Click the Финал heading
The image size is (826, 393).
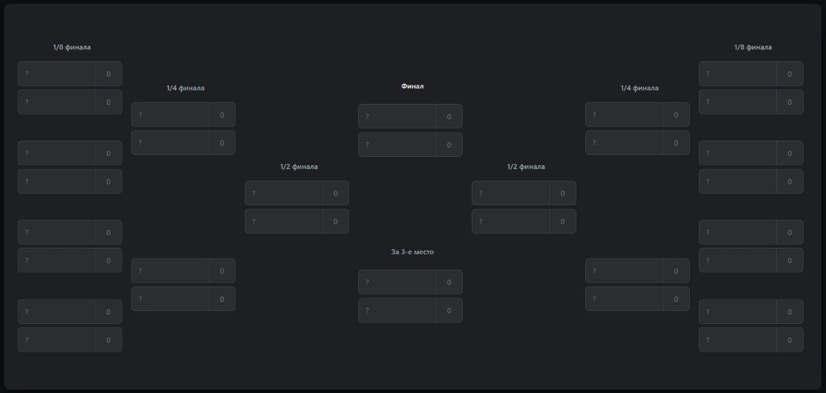click(412, 86)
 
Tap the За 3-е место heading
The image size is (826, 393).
click(412, 252)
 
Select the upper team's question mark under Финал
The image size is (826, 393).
click(367, 117)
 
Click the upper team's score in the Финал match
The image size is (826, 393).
click(448, 117)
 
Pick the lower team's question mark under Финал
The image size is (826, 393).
click(367, 145)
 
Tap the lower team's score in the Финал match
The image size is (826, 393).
click(448, 145)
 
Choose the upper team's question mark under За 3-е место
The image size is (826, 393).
click(367, 282)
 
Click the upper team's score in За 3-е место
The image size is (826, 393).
click(448, 283)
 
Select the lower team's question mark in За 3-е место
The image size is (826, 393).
click(367, 310)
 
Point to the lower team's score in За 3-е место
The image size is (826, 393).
click(448, 311)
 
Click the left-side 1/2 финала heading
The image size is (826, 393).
click(299, 166)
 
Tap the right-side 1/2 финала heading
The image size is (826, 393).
click(526, 166)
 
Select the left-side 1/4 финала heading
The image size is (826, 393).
click(185, 88)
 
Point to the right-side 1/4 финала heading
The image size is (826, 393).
click(640, 88)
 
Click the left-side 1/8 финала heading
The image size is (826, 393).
click(72, 47)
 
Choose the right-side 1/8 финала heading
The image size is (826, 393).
click(752, 47)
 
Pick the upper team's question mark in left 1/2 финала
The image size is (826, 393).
click(254, 193)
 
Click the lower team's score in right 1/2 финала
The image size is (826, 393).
click(562, 221)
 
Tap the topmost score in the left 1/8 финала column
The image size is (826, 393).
click(108, 74)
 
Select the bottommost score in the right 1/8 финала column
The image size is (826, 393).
click(789, 340)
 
